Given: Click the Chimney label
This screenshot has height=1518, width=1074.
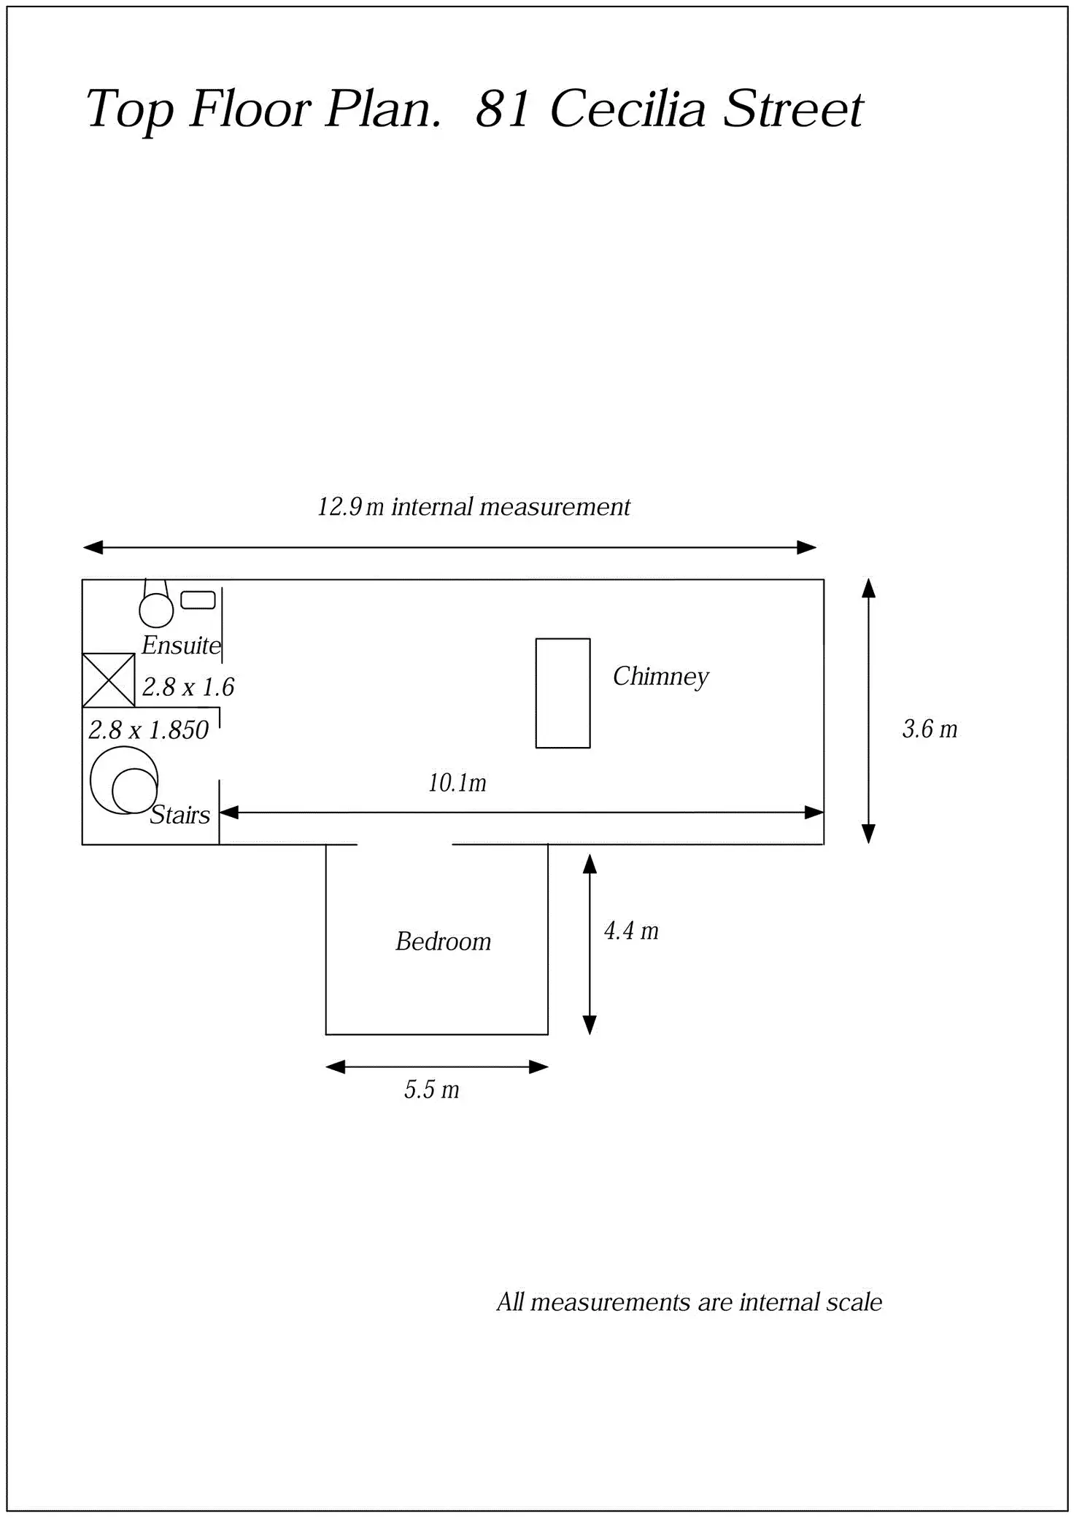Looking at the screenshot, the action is tap(660, 677).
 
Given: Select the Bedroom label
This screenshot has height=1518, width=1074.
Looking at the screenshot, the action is tap(443, 941).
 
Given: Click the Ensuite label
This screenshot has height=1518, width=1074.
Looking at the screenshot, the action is tap(181, 645).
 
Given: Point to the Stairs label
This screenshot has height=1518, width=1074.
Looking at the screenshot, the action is tap(179, 814).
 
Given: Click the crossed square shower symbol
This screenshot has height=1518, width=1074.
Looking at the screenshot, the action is tap(108, 681).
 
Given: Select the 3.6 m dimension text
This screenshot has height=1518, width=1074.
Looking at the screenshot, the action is tap(930, 729).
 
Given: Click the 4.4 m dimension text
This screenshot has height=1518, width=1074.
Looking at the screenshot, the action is tap(631, 931).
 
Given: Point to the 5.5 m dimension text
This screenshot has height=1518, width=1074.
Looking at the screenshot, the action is tap(432, 1090).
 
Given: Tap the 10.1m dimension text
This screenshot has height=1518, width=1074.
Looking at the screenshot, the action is tap(457, 783).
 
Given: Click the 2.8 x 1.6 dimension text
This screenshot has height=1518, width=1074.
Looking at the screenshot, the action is tap(188, 687).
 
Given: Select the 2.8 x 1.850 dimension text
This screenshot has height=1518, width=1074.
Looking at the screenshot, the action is tap(149, 730).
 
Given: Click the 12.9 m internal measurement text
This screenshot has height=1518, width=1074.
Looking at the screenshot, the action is tap(474, 506).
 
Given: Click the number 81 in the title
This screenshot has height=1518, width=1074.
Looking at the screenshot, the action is tap(502, 109).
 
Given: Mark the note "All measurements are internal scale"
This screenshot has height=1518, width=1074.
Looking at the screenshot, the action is tap(689, 1302).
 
